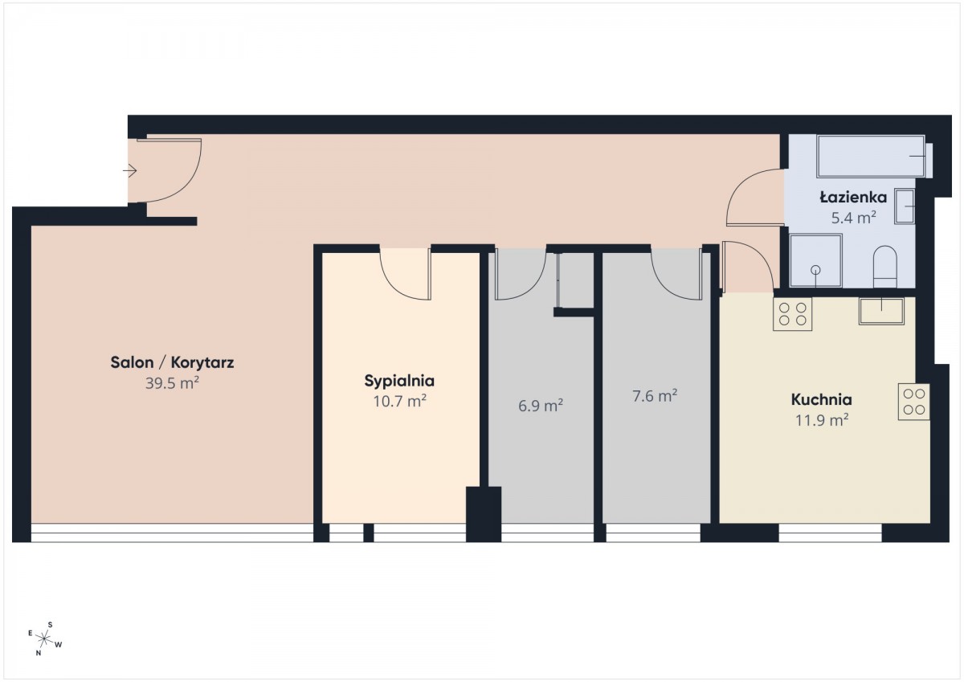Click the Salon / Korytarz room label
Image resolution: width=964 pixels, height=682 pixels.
[172, 363]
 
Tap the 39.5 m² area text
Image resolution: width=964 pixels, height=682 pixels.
[172, 383]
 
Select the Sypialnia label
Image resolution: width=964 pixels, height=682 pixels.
[399, 382]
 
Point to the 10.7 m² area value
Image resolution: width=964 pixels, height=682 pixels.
[400, 402]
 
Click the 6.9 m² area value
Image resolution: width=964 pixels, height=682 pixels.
[541, 406]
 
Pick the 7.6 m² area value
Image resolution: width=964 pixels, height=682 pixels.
[655, 396]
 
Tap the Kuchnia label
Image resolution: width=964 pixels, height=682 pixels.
[822, 400]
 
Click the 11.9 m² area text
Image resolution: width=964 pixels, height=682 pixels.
[822, 420]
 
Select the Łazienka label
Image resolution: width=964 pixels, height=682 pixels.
[853, 198]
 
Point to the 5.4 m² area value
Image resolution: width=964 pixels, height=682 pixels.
[853, 218]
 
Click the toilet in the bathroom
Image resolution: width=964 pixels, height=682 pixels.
[884, 267]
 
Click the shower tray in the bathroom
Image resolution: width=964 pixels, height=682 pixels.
[816, 261]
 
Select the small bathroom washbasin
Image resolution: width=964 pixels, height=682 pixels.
[905, 206]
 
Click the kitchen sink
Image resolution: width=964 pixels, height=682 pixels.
[881, 311]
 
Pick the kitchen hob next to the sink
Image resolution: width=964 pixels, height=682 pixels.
[792, 314]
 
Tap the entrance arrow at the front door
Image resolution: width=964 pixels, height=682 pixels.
[129, 171]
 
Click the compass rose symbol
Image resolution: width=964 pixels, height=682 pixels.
[44, 639]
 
